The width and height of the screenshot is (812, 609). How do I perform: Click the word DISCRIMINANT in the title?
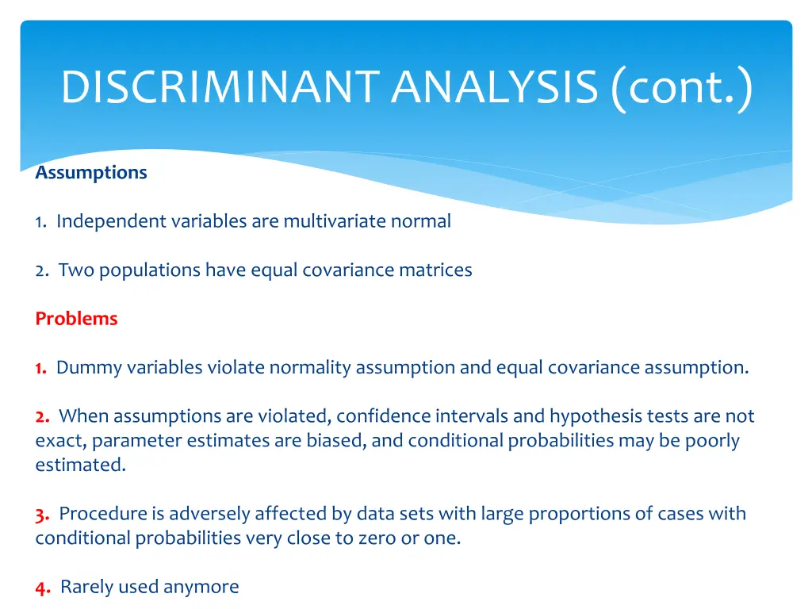(220, 87)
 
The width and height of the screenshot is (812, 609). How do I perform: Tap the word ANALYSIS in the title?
(493, 87)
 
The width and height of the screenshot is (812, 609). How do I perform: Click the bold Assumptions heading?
(91, 173)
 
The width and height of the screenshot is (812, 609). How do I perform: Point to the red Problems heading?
(76, 319)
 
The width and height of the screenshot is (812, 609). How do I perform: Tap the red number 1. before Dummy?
(40, 368)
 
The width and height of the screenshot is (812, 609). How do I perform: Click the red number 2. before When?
(43, 416)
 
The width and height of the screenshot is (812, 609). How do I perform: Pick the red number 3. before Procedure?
(43, 514)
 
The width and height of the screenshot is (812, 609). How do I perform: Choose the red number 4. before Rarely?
(43, 588)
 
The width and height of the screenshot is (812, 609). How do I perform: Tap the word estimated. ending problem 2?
(80, 465)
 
